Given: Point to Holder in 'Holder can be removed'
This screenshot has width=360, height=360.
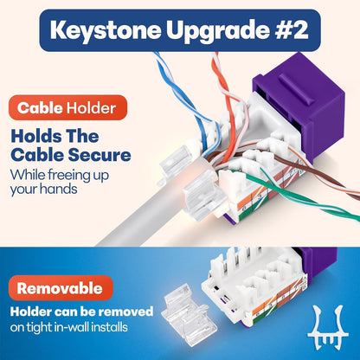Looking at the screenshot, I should point(32,310).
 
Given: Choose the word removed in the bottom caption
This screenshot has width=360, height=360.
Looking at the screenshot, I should point(130,310).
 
